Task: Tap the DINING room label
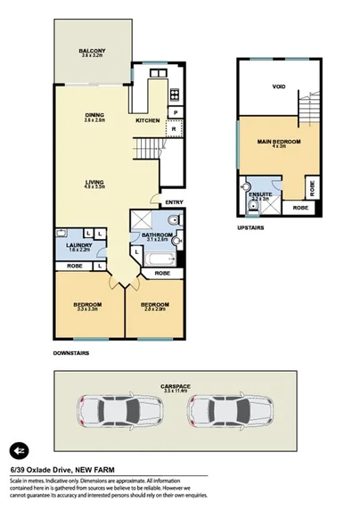tap(94, 115)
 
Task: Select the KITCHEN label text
tap(147, 119)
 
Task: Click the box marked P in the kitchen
tap(176, 112)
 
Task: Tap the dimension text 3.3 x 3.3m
tap(87, 308)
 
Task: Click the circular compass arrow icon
tap(19, 449)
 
